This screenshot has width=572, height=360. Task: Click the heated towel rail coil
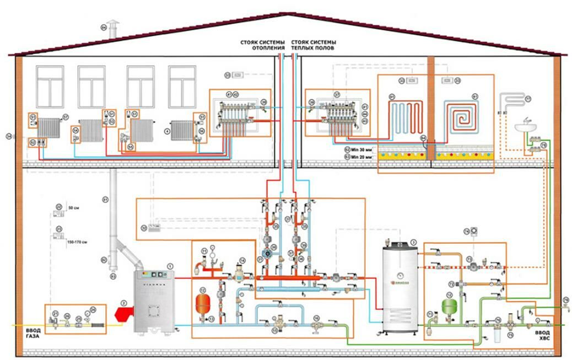coord(510,104)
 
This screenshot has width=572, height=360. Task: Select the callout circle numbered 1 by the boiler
coord(170,266)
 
